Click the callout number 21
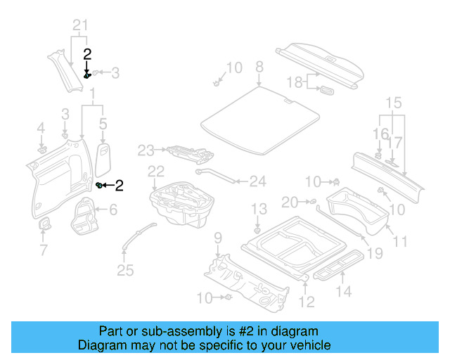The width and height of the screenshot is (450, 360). (x=81, y=26)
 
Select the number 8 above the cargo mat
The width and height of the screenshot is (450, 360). (x=259, y=67)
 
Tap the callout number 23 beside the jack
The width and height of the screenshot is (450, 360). (x=146, y=149)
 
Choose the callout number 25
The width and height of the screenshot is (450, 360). (x=124, y=269)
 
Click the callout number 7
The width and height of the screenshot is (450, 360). (x=43, y=250)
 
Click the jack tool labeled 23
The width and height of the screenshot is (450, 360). (x=188, y=151)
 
